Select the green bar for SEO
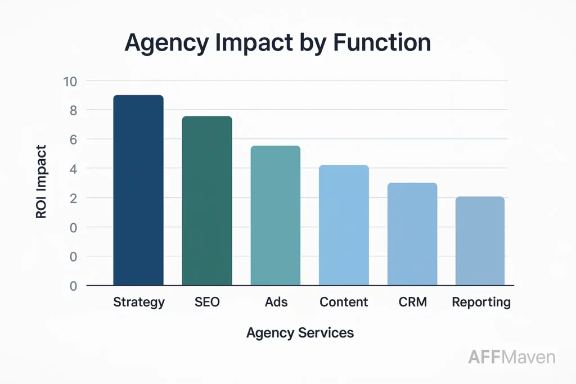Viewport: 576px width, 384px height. point(207,201)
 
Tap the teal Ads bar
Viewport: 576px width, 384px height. point(275,215)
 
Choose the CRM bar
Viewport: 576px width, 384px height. point(412,234)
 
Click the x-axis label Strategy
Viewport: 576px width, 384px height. point(139,302)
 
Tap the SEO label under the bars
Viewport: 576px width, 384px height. point(207,302)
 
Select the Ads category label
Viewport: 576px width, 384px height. point(276,302)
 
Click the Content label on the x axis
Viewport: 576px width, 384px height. point(344,302)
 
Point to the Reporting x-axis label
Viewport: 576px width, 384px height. point(481,302)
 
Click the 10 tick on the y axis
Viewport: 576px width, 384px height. point(70,81)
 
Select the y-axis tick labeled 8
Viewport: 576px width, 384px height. point(73,110)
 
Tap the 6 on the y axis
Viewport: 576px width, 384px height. point(73,139)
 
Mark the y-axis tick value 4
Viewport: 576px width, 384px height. point(73,169)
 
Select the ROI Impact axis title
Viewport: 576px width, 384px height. point(41,182)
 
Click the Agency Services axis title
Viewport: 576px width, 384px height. point(300,333)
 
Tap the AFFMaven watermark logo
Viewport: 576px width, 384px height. point(511,356)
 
